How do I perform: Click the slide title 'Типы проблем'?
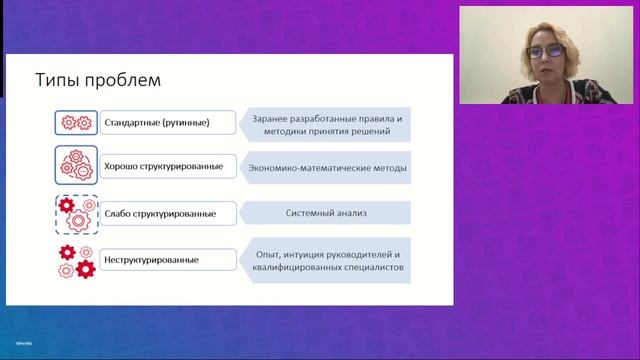(x=97, y=79)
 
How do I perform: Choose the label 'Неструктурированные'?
(x=151, y=261)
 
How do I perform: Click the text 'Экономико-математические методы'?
(x=327, y=167)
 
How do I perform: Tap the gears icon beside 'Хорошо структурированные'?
(x=77, y=166)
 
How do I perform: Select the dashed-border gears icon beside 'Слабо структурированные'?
(x=77, y=213)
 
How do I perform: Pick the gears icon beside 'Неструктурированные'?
(x=77, y=260)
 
